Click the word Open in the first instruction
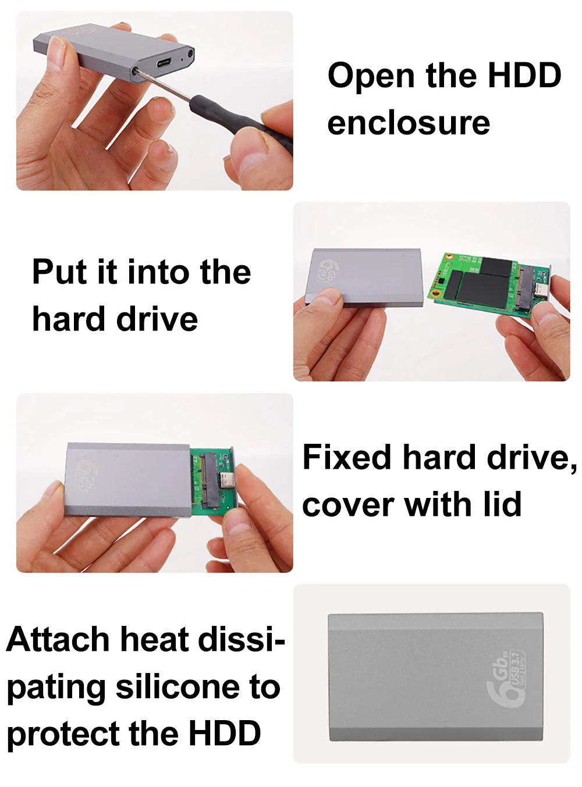pyautogui.click(x=371, y=76)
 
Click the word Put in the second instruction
pyautogui.click(x=59, y=272)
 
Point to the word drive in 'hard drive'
pyautogui.click(x=157, y=319)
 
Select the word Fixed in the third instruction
pyautogui.click(x=346, y=457)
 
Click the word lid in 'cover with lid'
pyautogui.click(x=503, y=504)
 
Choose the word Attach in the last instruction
pyautogui.click(x=58, y=639)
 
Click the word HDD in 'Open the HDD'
pyautogui.click(x=524, y=76)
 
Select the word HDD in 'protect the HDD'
pyautogui.click(x=225, y=733)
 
